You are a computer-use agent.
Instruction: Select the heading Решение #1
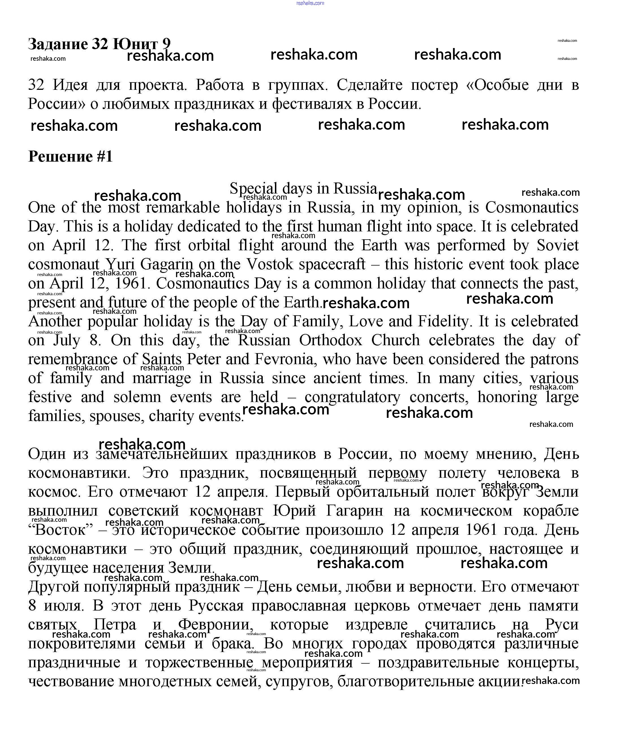tap(70, 156)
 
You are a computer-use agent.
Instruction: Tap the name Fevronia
tap(284, 359)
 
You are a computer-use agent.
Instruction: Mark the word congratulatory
tap(352, 397)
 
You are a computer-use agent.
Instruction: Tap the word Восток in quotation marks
tap(60, 530)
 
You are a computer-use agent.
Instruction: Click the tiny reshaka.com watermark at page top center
tap(310, 3)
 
